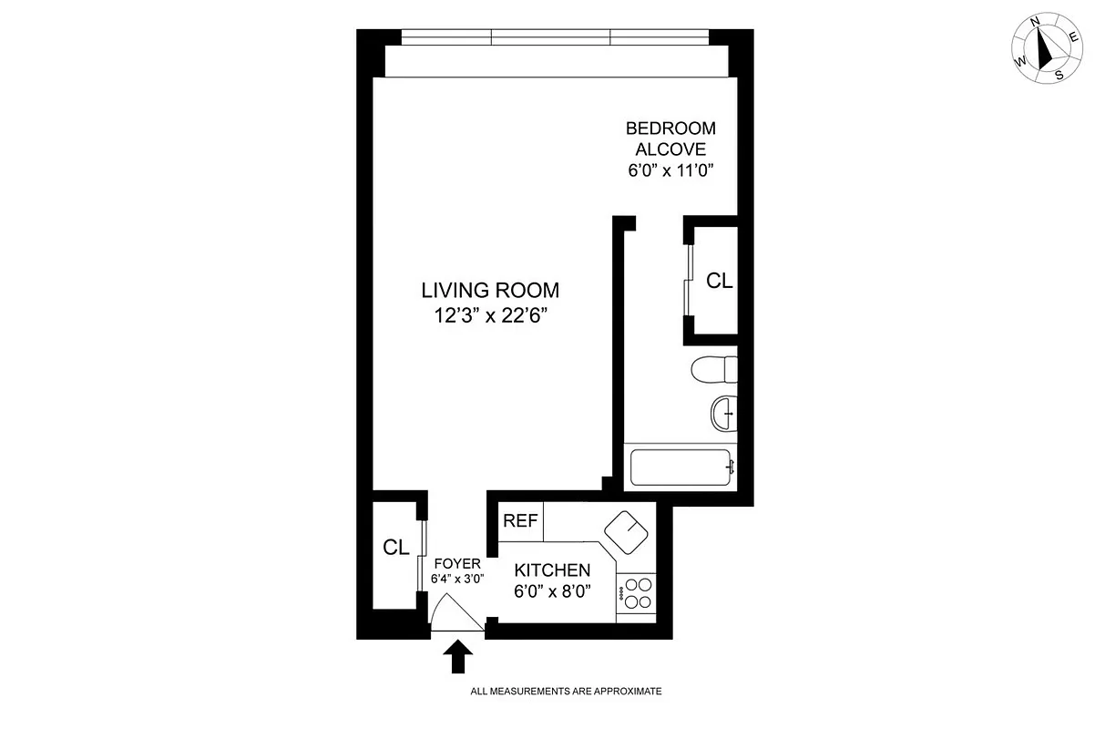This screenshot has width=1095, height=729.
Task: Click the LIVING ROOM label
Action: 490,291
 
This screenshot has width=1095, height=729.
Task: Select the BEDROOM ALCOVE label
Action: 670,139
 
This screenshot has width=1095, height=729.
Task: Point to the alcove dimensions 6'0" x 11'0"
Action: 670,169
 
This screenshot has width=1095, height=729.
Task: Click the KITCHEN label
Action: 552,570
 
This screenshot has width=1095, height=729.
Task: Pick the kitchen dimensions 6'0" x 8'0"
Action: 552,591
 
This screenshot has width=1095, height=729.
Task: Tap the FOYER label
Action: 456,563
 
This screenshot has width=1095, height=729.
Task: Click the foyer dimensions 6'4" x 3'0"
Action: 456,578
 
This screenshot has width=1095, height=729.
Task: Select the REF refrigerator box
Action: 520,521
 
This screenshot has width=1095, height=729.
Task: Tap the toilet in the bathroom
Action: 713,371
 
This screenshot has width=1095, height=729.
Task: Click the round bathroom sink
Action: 723,414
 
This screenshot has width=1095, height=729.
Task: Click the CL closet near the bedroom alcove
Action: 719,281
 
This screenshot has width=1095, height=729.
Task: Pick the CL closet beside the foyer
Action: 394,548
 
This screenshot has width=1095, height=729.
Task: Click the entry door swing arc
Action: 455,611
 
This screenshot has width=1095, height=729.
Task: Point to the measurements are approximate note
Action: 565,692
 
